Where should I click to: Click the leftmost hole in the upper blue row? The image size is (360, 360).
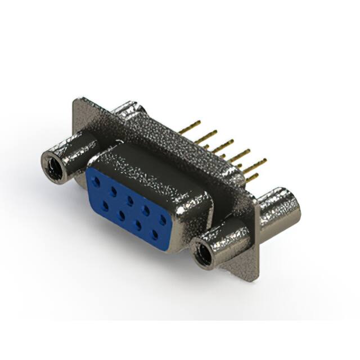[x=98, y=181]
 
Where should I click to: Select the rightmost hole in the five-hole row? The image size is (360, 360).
[x=162, y=219]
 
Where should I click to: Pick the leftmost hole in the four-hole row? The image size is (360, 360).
[x=105, y=205]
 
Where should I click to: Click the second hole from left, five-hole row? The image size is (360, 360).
[x=114, y=191]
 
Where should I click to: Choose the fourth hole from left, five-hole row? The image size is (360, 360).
[x=146, y=209]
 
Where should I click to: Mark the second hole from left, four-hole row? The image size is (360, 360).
[x=121, y=215]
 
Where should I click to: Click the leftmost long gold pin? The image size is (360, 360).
[x=190, y=126]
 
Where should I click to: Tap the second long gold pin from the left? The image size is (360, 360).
[x=207, y=135]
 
